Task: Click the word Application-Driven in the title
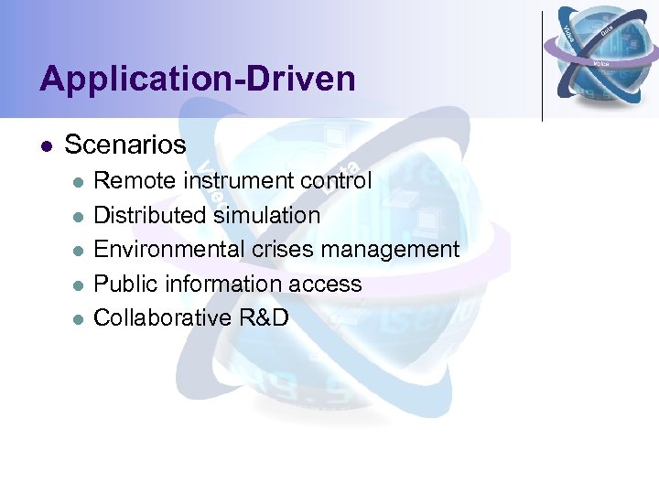(x=197, y=80)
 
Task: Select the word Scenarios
(x=125, y=145)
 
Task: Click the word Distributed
(x=150, y=215)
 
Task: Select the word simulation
(x=266, y=215)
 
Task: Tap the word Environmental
(x=167, y=249)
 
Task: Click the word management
(x=390, y=250)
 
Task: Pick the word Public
(x=123, y=284)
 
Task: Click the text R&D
(x=264, y=317)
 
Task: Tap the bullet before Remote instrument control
(x=79, y=181)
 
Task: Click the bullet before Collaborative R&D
(x=79, y=318)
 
